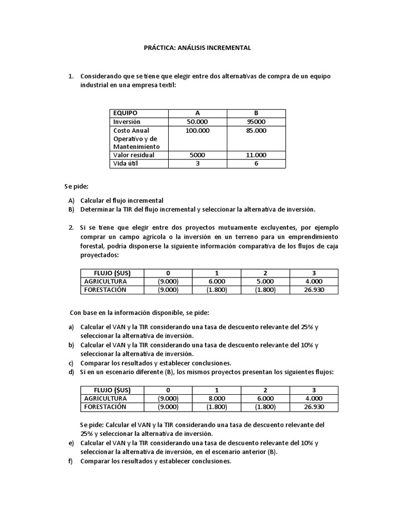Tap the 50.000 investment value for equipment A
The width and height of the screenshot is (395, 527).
(x=197, y=121)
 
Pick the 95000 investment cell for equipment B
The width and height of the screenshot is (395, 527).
(x=256, y=121)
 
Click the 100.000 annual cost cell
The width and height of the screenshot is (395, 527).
(x=197, y=131)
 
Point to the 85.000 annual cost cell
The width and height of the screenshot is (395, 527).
(x=256, y=131)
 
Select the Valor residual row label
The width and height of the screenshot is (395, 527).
(x=134, y=155)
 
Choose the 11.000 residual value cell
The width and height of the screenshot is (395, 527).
(x=256, y=155)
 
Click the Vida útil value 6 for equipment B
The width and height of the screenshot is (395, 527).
(x=256, y=164)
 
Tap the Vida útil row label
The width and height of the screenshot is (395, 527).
(x=126, y=164)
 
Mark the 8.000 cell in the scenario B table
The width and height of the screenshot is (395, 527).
(x=217, y=398)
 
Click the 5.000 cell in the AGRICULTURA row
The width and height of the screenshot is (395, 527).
(x=265, y=282)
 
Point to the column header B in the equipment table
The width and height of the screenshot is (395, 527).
(x=256, y=113)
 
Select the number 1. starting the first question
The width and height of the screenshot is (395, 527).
(x=71, y=76)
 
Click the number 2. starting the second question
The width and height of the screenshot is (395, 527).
(x=71, y=227)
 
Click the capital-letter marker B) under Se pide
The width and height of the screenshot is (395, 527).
(x=71, y=209)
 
